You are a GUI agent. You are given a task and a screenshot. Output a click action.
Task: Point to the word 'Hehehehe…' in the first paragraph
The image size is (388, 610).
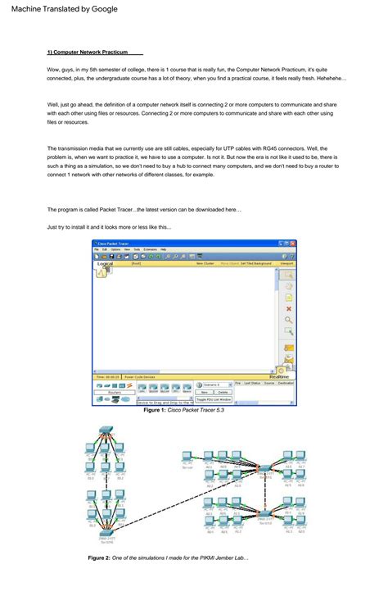point(330,79)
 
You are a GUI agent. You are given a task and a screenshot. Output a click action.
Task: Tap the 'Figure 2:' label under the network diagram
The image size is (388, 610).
point(98,558)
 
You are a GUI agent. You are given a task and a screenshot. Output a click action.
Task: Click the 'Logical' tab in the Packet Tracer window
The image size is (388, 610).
point(105,264)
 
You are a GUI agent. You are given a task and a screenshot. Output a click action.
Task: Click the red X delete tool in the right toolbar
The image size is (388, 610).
point(288,308)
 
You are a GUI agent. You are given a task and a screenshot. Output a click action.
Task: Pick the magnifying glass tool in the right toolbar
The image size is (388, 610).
point(288,320)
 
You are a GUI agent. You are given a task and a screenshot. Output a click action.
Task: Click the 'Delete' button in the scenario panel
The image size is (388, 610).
point(223,392)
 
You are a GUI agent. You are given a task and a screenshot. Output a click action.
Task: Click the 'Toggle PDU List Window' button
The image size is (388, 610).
point(214,399)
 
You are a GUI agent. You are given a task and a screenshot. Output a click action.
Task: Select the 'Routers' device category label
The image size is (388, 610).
point(115,393)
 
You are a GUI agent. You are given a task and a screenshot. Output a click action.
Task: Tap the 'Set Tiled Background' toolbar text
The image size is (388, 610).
point(255,264)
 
